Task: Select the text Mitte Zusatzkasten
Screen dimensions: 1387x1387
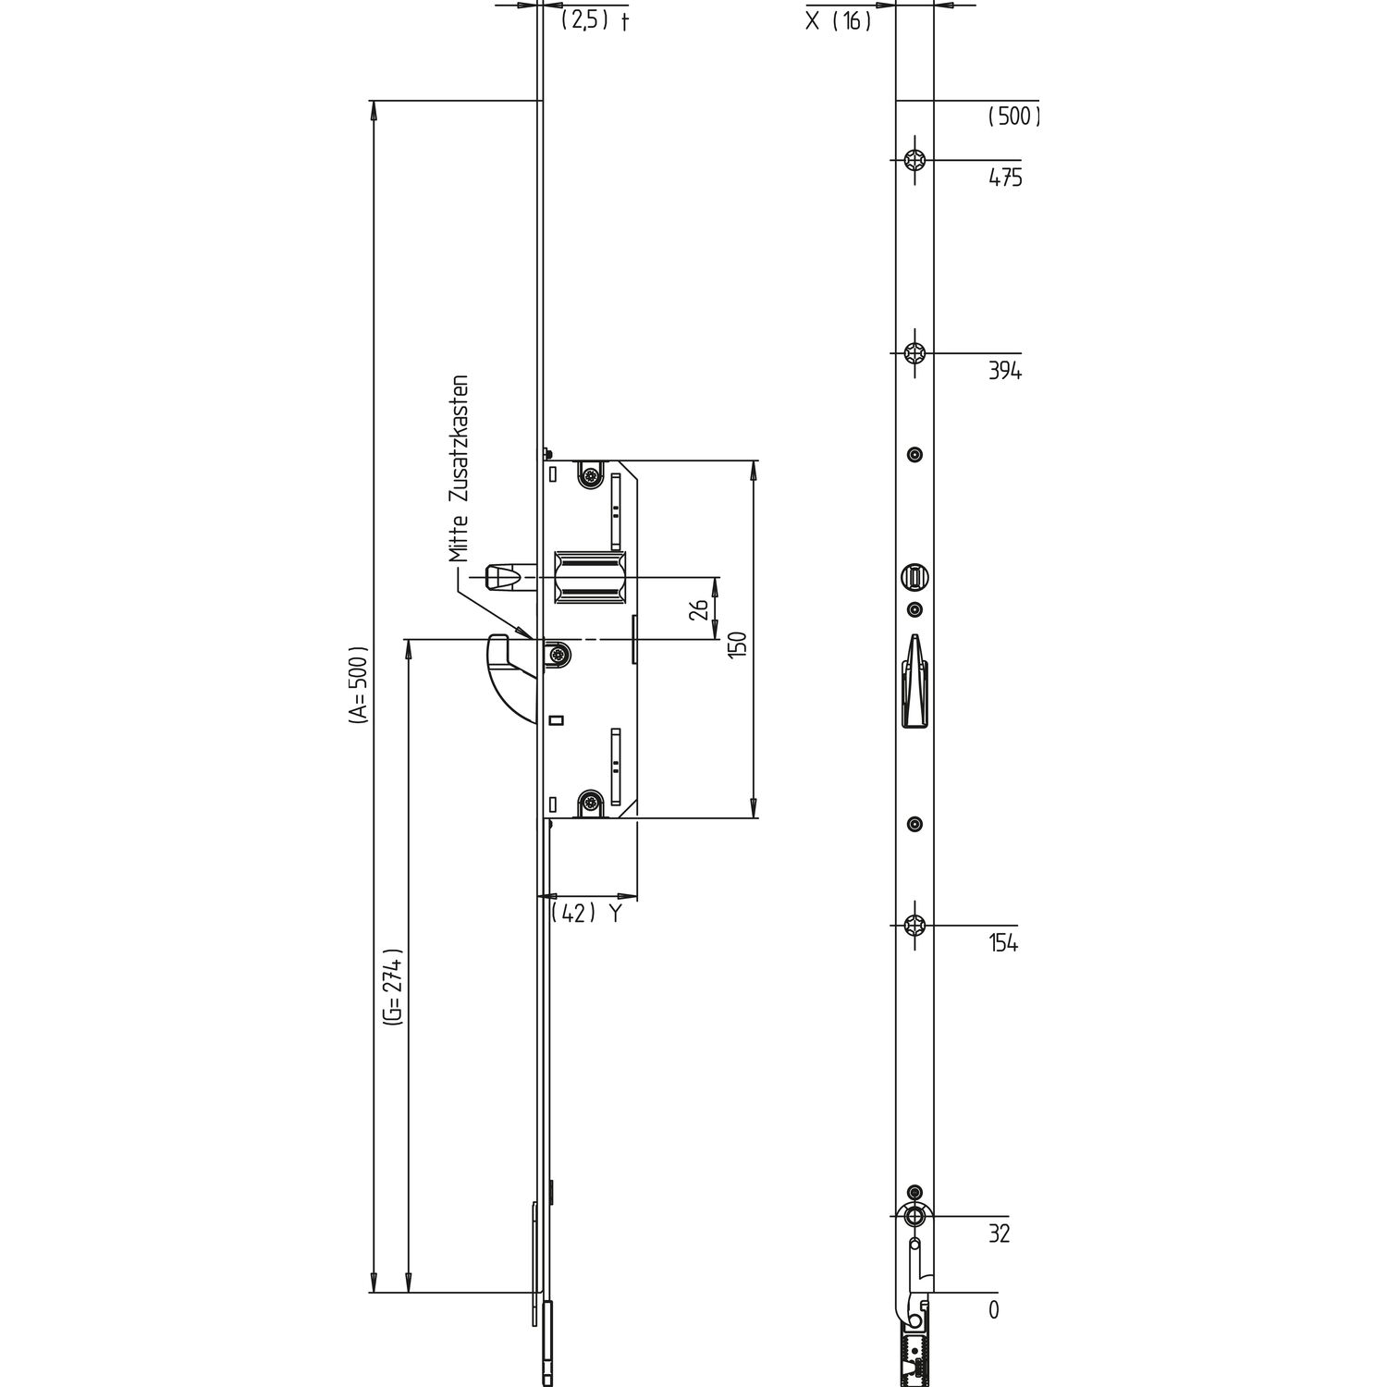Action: [x=460, y=469]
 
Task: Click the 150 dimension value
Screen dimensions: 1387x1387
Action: [x=737, y=644]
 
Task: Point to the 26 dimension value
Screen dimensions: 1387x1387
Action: [x=700, y=608]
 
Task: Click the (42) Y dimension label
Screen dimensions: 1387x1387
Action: [x=585, y=914]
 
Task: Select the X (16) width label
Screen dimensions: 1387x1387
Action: [x=839, y=20]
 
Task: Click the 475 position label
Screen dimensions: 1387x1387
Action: [x=1005, y=178]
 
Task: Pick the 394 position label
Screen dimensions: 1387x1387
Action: [x=1005, y=372]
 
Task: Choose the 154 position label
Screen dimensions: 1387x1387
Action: [x=1003, y=944]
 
